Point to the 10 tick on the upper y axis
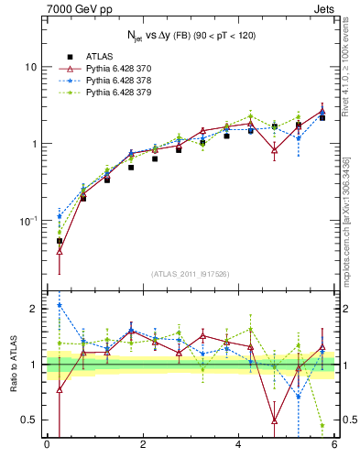(x=29, y=67)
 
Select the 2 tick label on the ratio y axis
(x=33, y=309)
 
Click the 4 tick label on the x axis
(x=238, y=446)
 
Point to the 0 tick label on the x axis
(x=47, y=446)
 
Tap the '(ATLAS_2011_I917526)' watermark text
(x=191, y=274)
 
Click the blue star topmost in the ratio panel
(x=60, y=305)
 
